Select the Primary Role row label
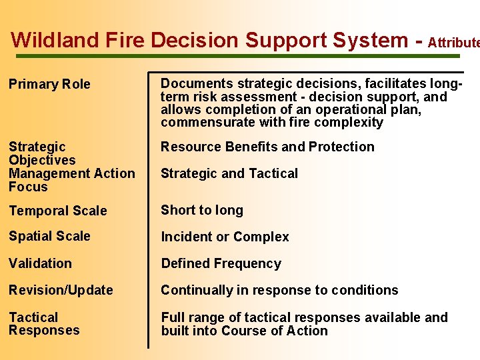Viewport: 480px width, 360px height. pyautogui.click(x=49, y=85)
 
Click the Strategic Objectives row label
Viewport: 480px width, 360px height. pyautogui.click(x=42, y=153)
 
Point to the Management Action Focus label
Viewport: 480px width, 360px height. pyautogui.click(x=71, y=180)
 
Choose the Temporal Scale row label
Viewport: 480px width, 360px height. pyautogui.click(x=57, y=211)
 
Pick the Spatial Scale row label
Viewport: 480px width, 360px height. pyautogui.click(x=49, y=237)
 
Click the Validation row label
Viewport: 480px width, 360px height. pyautogui.click(x=40, y=263)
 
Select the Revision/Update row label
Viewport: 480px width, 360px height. pyautogui.click(x=61, y=290)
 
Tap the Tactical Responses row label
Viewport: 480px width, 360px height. pyautogui.click(x=43, y=324)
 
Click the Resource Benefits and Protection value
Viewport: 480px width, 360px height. pyautogui.click(x=267, y=147)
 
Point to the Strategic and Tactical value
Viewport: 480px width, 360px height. pyautogui.click(x=229, y=173)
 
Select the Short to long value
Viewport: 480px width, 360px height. pyautogui.click(x=202, y=210)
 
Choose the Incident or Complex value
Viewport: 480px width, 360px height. pyautogui.click(x=225, y=237)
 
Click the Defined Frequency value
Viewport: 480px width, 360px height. pyautogui.click(x=221, y=263)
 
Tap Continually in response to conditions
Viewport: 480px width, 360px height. pyautogui.click(x=279, y=290)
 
